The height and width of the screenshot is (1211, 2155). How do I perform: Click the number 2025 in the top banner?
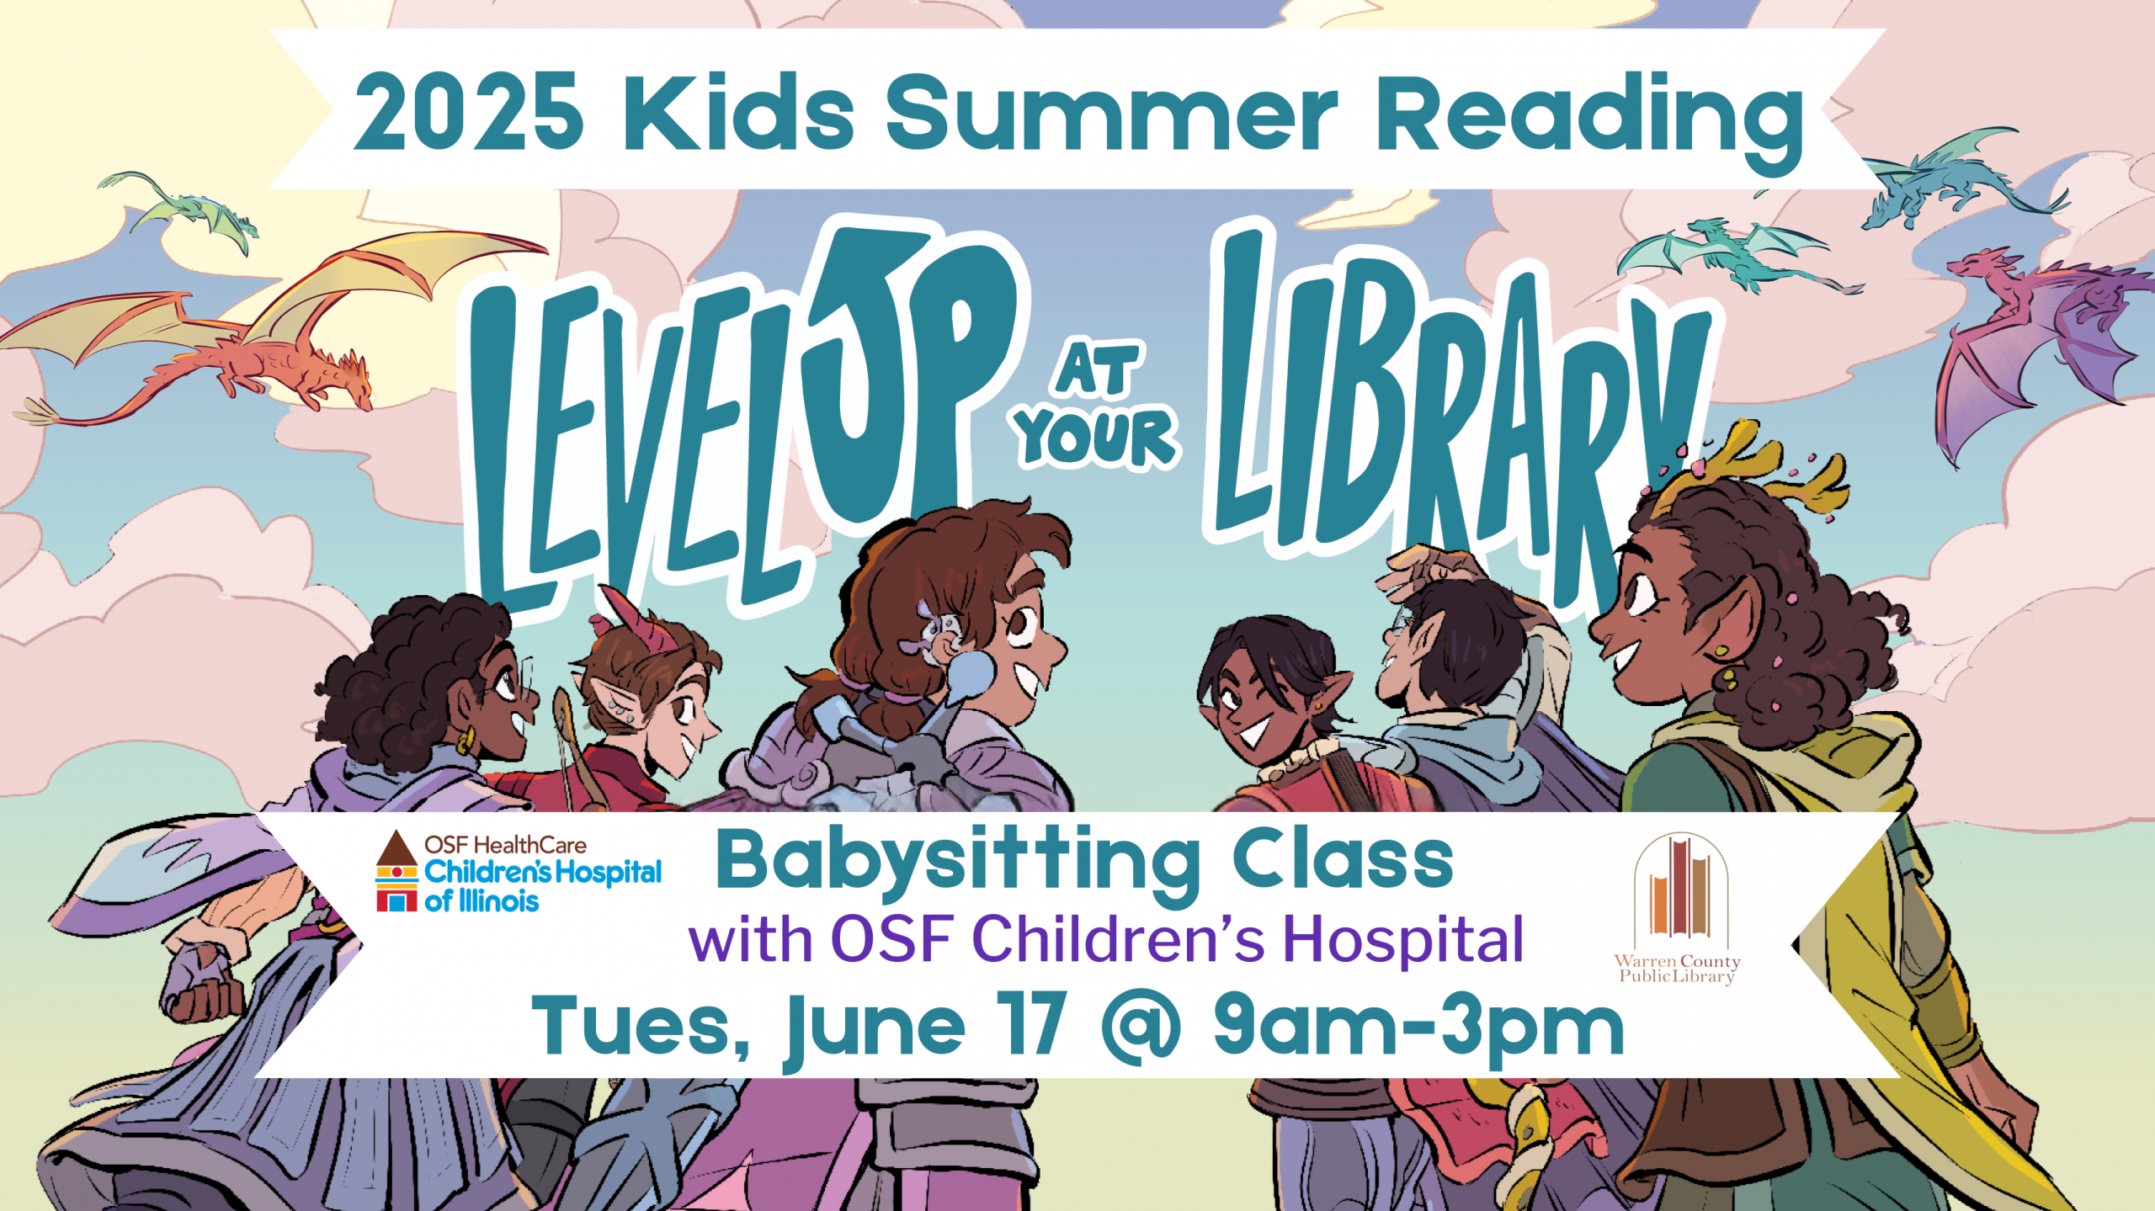coord(468,112)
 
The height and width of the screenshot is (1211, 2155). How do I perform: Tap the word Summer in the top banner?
coord(1111,112)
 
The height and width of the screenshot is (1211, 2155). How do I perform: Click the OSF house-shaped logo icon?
coord(396,872)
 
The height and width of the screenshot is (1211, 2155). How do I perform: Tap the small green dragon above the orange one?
coord(181,206)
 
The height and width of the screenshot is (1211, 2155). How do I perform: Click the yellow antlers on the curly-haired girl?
coord(1759,467)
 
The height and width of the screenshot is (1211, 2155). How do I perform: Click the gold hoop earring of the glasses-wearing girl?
coord(464,741)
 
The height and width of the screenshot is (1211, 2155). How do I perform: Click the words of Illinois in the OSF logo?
coord(482,901)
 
